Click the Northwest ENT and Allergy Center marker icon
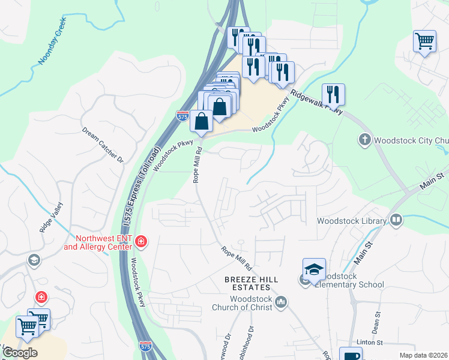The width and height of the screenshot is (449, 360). [x=141, y=242]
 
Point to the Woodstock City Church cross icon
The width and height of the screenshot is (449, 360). [x=364, y=140]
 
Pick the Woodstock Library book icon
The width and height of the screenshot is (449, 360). [x=396, y=221]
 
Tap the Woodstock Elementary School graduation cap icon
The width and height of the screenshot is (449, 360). [x=314, y=269]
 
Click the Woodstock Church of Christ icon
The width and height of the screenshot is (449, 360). [x=282, y=302]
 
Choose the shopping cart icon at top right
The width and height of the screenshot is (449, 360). [x=424, y=41]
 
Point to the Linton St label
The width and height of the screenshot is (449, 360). [x=370, y=342]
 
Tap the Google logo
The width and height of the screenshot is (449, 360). [x=19, y=352]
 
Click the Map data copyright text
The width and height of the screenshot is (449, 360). [x=423, y=355]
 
